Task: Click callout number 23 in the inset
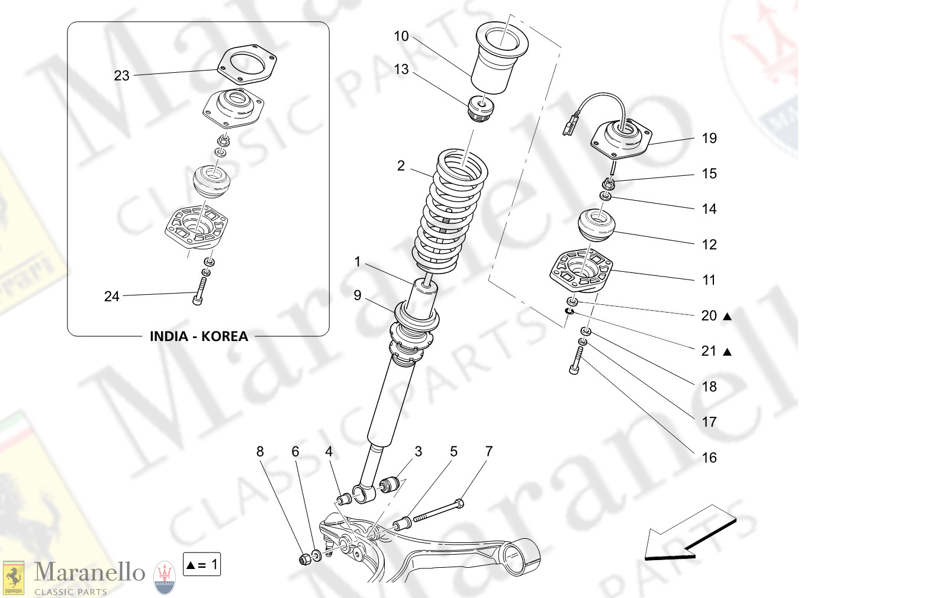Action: (121, 76)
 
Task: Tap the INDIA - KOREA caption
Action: (198, 336)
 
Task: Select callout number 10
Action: (401, 36)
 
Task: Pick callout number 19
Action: (709, 139)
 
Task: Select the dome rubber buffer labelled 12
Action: (597, 225)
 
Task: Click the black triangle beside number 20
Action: (728, 317)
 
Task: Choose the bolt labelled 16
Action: (577, 361)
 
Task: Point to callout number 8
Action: (260, 452)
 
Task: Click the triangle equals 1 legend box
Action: (202, 565)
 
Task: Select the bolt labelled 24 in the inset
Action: (200, 292)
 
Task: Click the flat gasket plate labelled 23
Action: (247, 64)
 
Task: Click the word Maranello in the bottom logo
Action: (89, 573)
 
